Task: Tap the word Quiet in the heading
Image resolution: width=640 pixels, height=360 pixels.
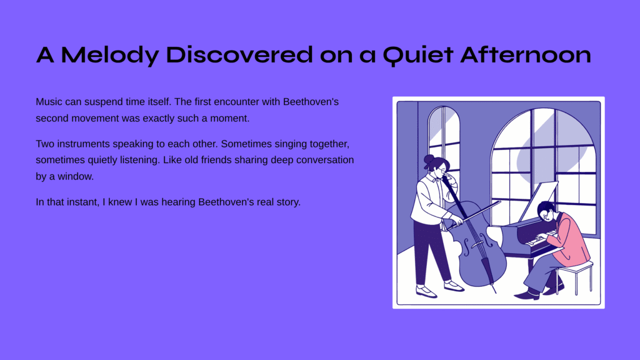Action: (x=418, y=56)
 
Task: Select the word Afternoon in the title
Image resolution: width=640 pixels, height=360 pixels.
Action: (x=526, y=55)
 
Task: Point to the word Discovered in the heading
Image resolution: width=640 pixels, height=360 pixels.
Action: (x=239, y=55)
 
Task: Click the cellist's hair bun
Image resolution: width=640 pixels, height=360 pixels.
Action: (x=429, y=159)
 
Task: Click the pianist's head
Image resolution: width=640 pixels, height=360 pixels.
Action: (x=547, y=211)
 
